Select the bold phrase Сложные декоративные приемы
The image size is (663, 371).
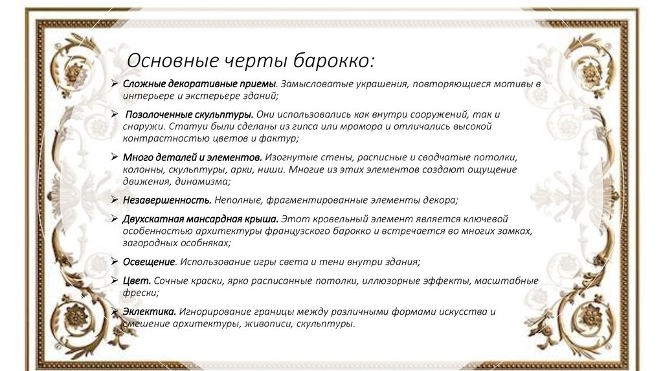click(199, 84)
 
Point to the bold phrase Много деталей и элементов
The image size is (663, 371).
click(192, 158)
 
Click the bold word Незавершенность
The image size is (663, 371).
click(167, 200)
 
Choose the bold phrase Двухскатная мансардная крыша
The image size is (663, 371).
click(201, 219)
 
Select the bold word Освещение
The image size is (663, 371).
click(149, 262)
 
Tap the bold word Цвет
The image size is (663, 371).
click(137, 281)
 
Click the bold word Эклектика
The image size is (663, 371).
click(150, 312)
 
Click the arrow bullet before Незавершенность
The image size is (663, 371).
click(114, 200)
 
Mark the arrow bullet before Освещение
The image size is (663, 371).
click(114, 262)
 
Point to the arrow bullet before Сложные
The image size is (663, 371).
click(114, 84)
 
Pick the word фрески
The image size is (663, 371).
click(137, 293)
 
